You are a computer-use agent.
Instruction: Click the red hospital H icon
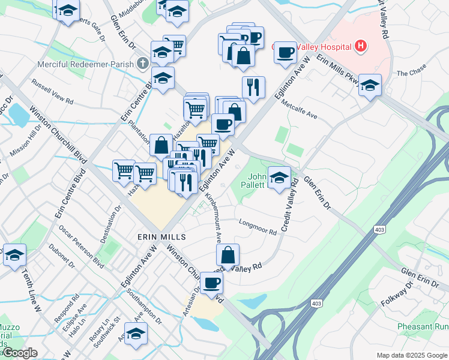pyautogui.click(x=360, y=45)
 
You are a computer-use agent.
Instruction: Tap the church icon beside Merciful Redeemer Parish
pyautogui.click(x=143, y=62)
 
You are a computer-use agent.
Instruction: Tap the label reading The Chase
pyautogui.click(x=411, y=74)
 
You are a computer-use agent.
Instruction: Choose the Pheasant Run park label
pyautogui.click(x=423, y=327)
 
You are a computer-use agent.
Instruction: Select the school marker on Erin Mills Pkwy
pyautogui.click(x=370, y=85)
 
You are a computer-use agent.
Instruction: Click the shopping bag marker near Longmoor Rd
pyautogui.click(x=228, y=255)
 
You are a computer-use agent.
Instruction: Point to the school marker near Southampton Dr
pyautogui.click(x=136, y=334)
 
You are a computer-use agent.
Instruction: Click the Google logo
pyautogui.click(x=19, y=353)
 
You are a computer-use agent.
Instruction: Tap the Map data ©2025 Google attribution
pyautogui.click(x=411, y=355)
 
